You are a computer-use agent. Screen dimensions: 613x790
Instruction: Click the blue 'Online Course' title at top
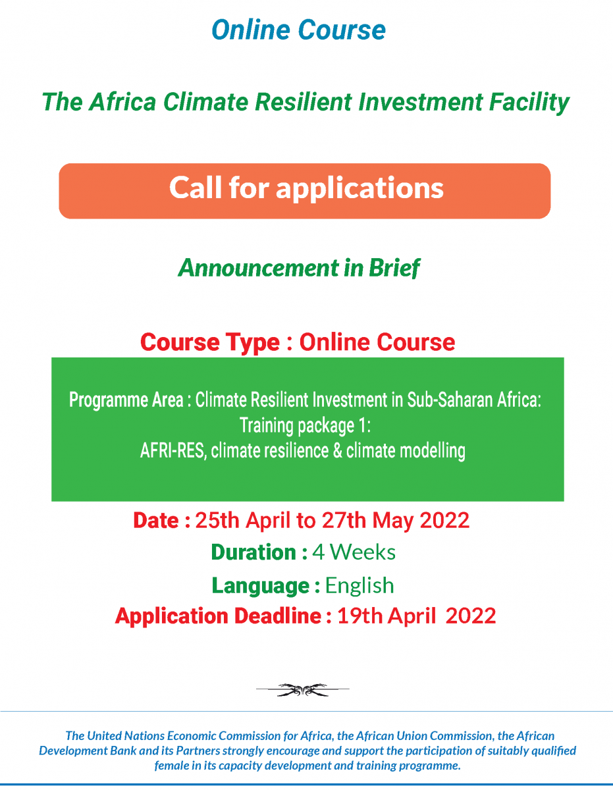298,30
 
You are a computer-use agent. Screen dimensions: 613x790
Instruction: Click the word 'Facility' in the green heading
529,103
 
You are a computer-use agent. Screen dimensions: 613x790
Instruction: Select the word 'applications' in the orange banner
360,189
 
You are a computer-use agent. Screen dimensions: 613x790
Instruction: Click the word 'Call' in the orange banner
196,188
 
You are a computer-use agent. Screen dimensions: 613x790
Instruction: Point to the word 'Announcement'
259,268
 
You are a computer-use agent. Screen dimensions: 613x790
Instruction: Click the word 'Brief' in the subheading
394,269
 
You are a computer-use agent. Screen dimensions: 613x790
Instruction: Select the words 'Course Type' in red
210,342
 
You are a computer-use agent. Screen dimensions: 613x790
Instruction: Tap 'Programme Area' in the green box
126,400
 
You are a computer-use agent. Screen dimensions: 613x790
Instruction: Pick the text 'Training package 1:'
305,426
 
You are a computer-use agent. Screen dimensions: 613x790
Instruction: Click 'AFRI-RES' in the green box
173,451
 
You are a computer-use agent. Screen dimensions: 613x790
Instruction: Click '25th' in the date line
217,520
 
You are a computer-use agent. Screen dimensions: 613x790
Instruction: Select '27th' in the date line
344,520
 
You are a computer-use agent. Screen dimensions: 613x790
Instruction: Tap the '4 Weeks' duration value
354,552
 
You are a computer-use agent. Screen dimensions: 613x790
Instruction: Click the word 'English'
360,586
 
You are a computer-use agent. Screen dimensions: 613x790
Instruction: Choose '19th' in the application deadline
360,616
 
